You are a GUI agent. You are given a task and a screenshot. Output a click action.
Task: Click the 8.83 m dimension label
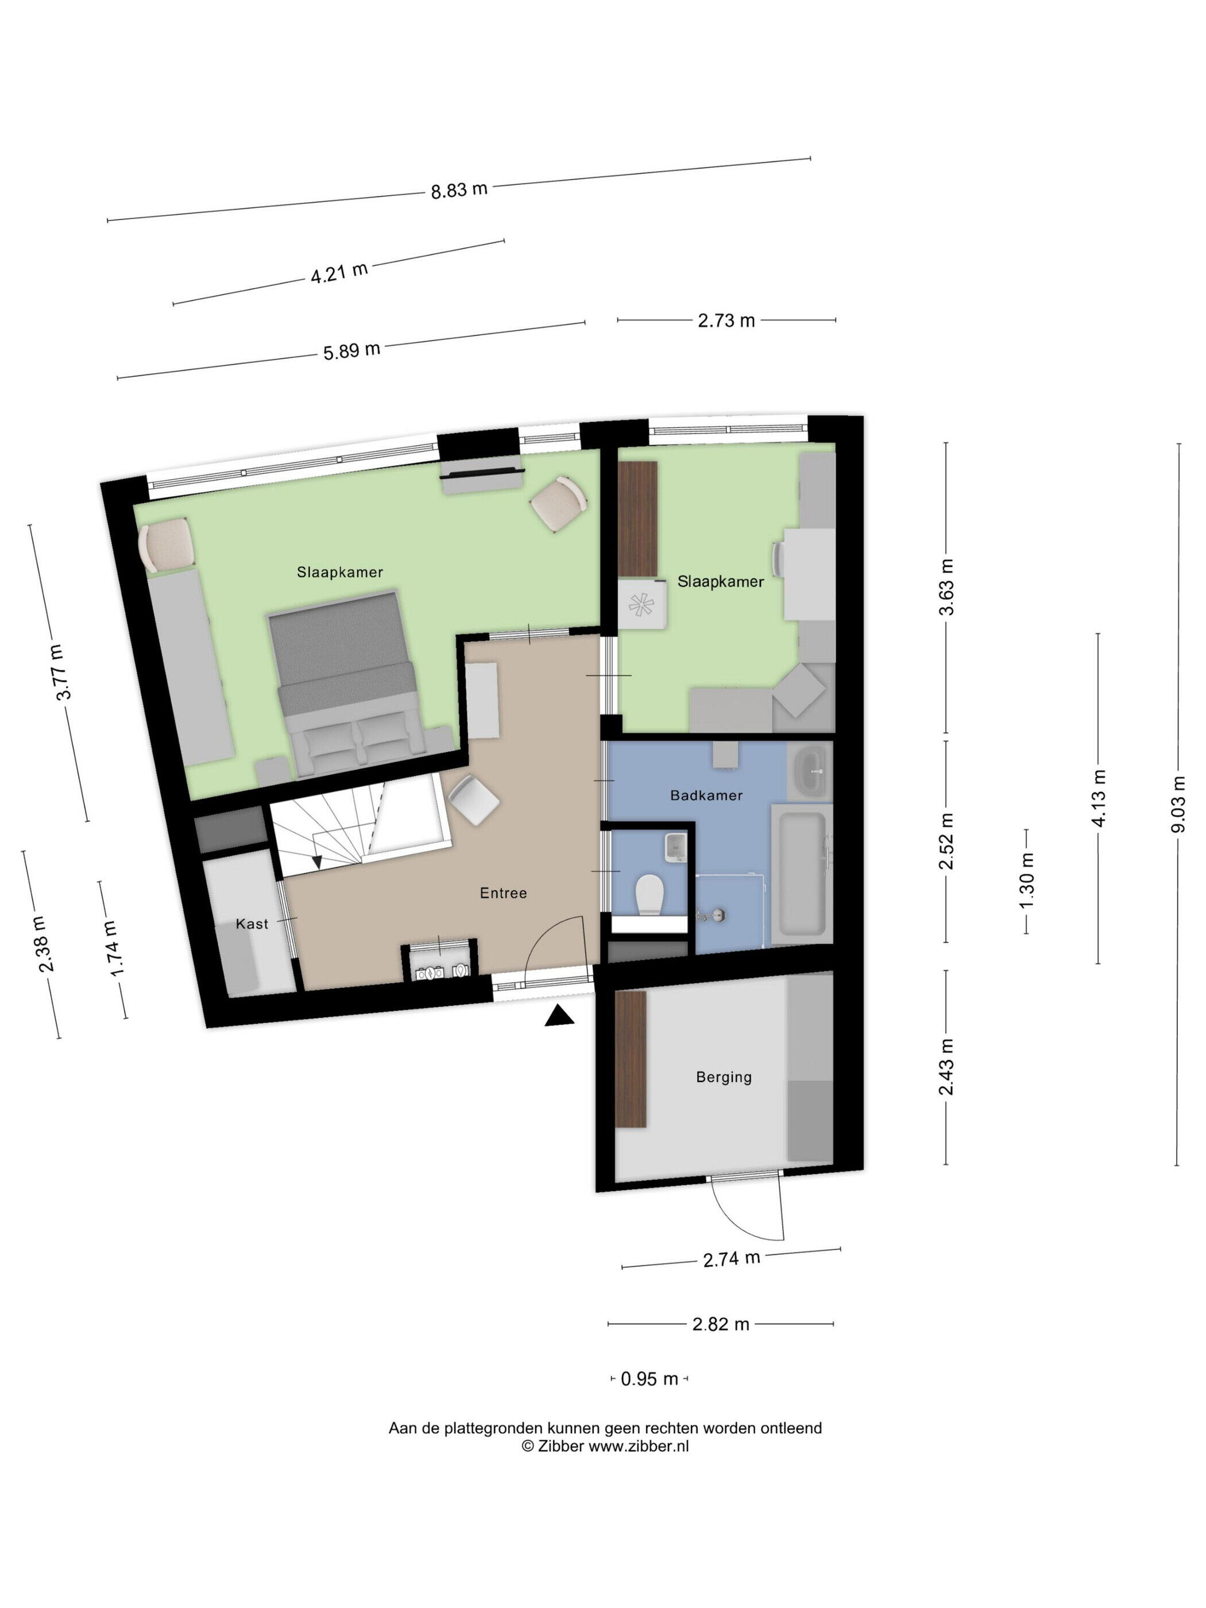point(459,191)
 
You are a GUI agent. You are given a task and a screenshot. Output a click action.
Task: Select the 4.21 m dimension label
point(339,273)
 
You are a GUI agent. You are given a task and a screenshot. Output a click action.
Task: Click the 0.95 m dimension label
point(648,1378)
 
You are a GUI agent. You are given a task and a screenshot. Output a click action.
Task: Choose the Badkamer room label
point(706,795)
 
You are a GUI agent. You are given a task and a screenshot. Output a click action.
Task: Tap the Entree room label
point(503,892)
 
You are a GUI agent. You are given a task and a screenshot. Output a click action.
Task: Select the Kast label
point(252,924)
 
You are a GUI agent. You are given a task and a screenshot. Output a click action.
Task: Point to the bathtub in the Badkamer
point(801,873)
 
